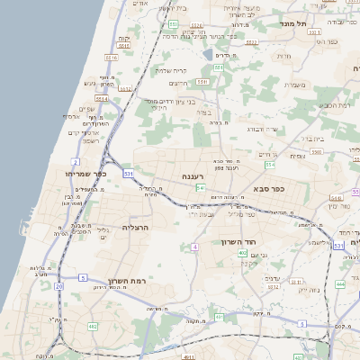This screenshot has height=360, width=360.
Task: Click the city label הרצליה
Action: click(x=136, y=228)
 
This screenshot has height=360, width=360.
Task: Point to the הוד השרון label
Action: click(x=238, y=242)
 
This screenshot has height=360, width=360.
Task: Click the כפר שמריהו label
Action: click(x=86, y=173)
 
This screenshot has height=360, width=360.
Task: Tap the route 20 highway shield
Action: click(x=58, y=285)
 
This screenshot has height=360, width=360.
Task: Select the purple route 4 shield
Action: click(x=194, y=246)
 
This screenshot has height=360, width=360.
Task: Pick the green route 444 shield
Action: click(x=340, y=284)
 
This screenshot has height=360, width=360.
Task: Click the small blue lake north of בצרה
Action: click(x=209, y=53)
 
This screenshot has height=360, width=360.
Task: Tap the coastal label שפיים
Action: click(x=87, y=109)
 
